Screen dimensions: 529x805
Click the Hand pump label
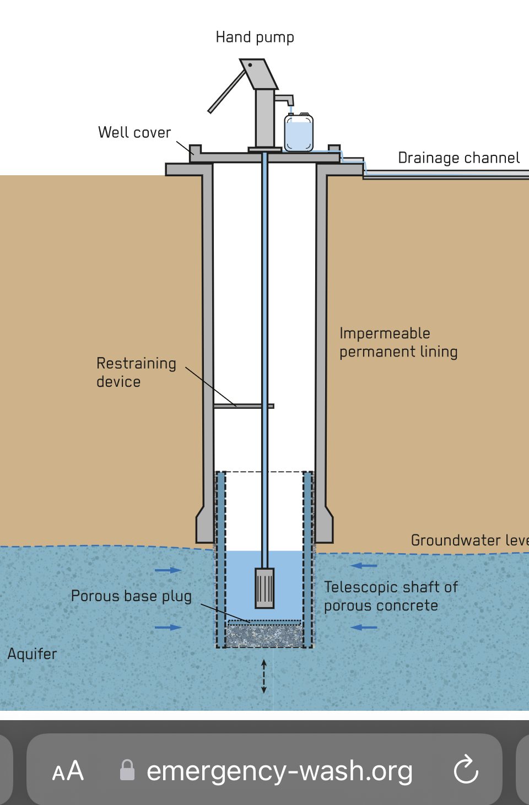[255, 37]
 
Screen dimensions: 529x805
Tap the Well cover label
[134, 132]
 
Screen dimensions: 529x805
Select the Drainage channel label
[459, 158]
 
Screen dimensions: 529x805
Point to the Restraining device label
[136, 372]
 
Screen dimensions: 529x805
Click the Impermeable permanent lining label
[398, 343]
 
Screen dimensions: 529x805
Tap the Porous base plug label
[131, 596]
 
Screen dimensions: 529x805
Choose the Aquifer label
[33, 654]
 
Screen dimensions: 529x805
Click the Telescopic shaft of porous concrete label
[391, 596]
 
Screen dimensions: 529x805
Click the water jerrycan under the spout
[299, 132]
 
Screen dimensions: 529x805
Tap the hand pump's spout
[285, 99]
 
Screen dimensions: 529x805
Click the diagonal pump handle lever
[227, 91]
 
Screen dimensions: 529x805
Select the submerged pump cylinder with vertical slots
[264, 588]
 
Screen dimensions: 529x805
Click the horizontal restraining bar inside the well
[244, 406]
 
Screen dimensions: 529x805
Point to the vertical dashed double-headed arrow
[264, 677]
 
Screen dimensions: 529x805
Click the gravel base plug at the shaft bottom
[264, 636]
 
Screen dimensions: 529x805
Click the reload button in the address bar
[466, 769]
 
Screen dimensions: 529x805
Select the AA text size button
[68, 770]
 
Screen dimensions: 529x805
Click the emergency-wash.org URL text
[279, 771]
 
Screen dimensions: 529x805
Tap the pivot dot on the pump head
[250, 65]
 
